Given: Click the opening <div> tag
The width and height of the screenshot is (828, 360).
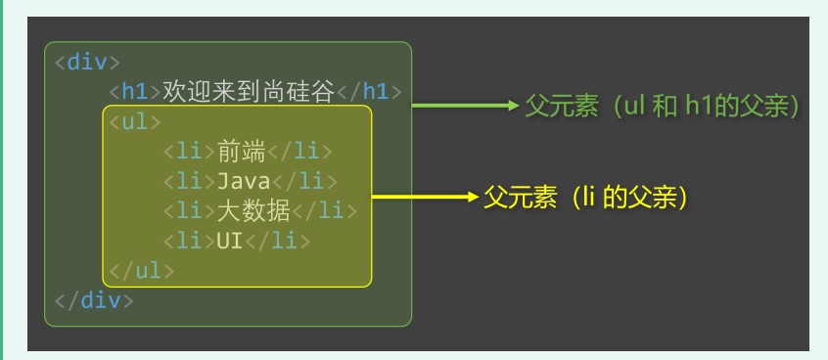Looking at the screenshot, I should coord(87,63).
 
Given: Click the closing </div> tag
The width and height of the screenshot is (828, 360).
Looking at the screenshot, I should coord(94,299).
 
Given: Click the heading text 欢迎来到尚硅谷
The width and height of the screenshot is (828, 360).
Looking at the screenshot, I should coord(249,92).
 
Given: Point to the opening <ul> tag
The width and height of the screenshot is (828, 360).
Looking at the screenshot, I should coord(134,122).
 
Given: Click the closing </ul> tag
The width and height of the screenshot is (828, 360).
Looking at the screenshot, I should coord(141,270).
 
